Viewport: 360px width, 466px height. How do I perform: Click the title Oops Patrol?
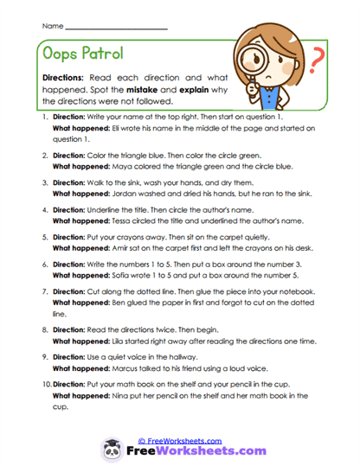(85, 54)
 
